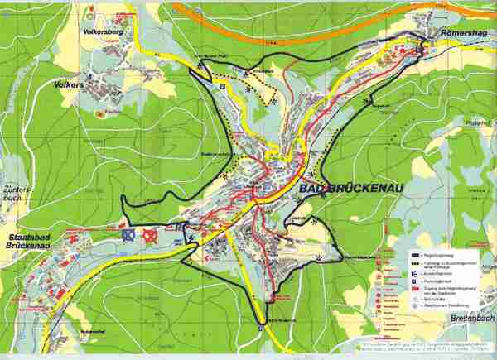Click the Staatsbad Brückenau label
click(30, 240)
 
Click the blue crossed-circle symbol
click(128, 237)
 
